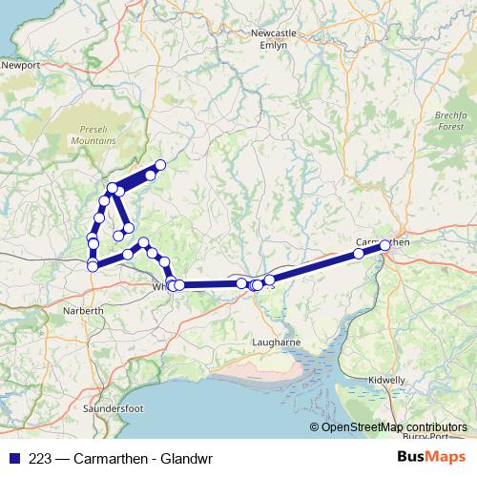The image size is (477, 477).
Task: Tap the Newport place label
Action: [x=21, y=66]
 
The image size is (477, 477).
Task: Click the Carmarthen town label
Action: [x=382, y=242]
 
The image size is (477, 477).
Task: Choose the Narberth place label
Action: [x=83, y=312]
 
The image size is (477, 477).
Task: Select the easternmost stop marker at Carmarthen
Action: [x=385, y=246]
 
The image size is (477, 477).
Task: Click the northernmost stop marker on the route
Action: [x=160, y=165]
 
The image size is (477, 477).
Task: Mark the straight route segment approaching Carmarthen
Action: [x=315, y=266]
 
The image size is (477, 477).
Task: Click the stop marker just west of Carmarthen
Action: [x=359, y=254]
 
